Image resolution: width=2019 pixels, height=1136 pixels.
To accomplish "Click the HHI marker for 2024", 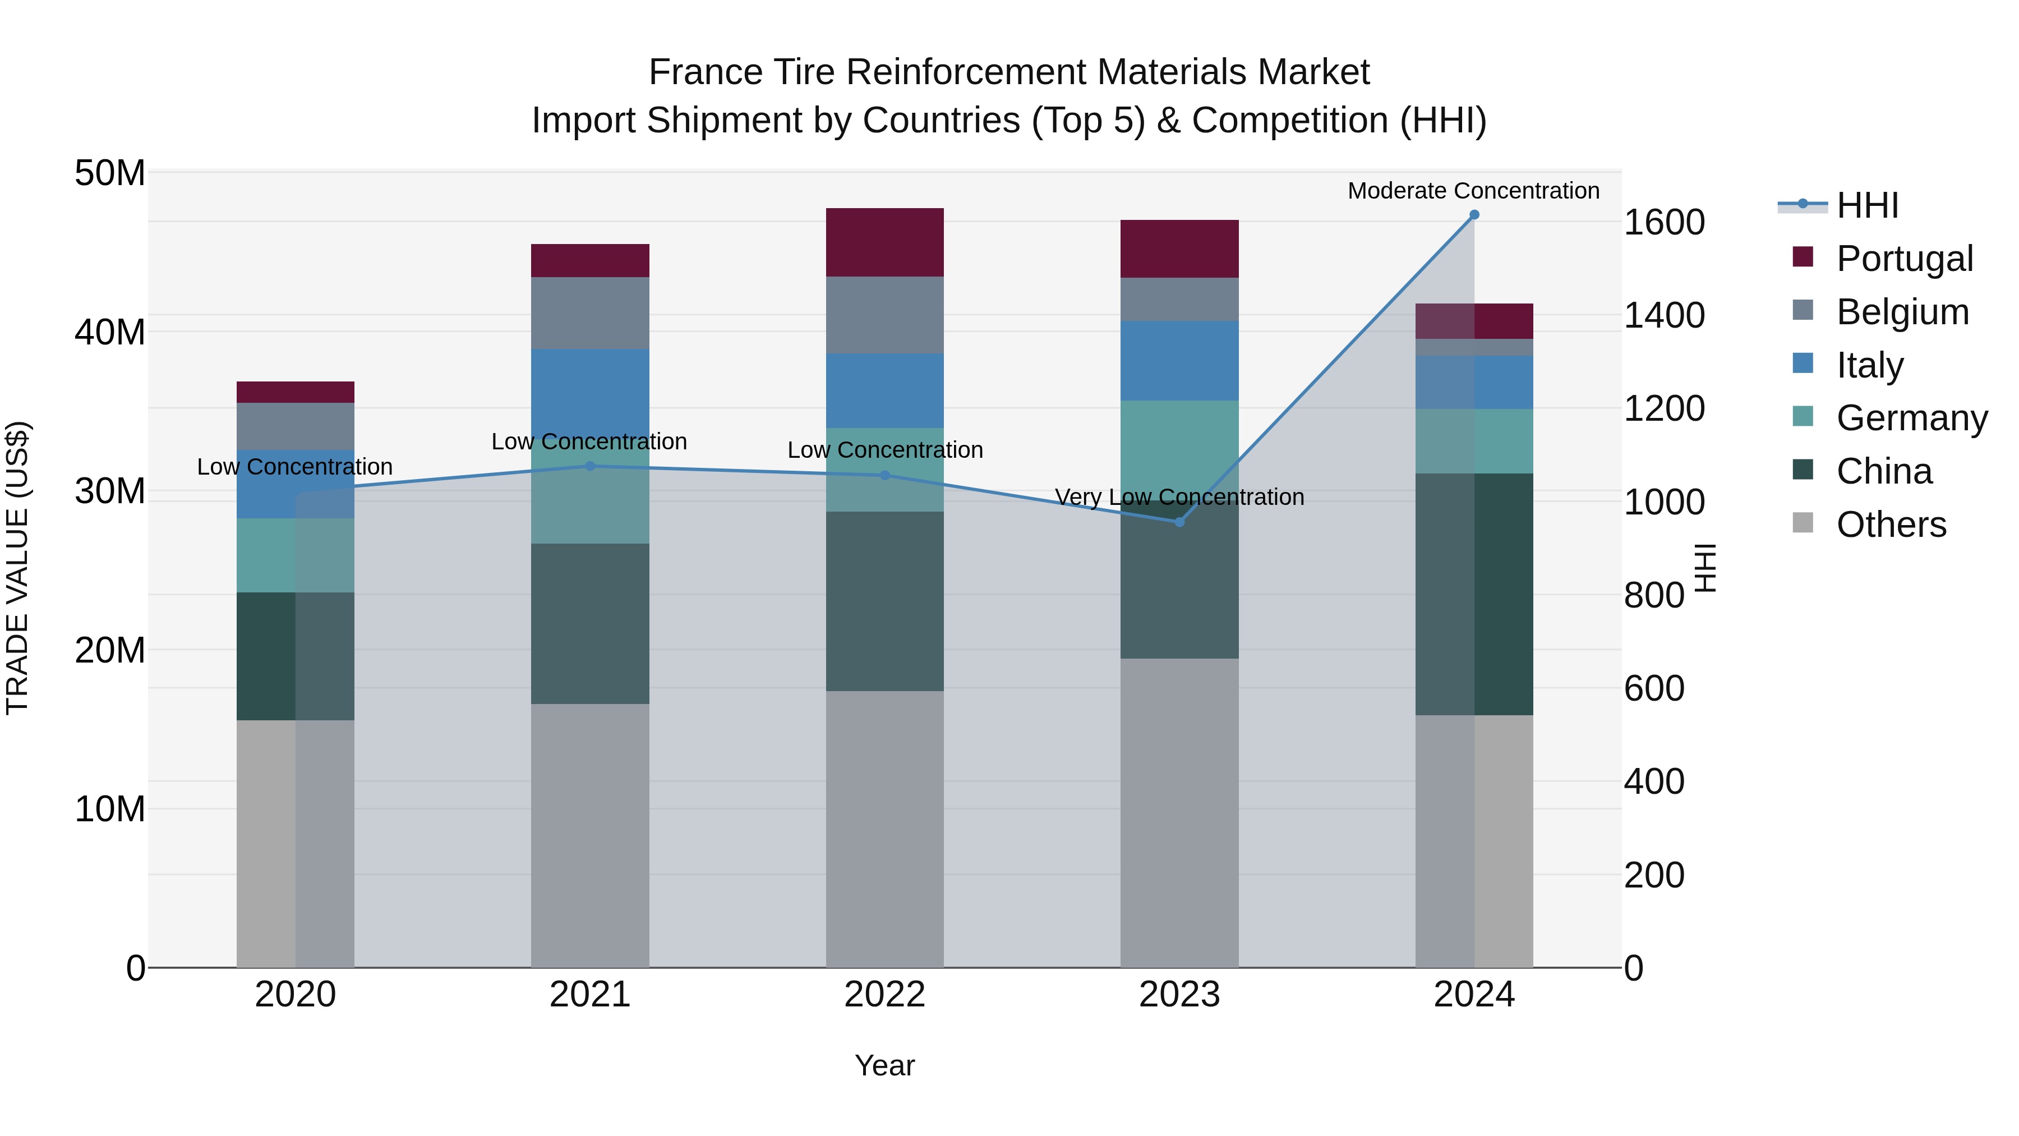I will tap(1473, 215).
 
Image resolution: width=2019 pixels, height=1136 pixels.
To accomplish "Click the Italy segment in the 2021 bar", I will tap(590, 388).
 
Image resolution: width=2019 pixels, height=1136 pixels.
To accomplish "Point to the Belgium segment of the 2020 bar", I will tap(296, 426).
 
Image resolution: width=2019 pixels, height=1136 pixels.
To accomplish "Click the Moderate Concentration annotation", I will tap(1473, 191).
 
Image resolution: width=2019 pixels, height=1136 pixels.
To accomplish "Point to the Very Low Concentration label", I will tap(1179, 497).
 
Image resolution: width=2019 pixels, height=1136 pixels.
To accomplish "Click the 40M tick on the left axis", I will tap(110, 333).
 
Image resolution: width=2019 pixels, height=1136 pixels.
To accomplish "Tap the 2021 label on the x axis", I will tap(589, 995).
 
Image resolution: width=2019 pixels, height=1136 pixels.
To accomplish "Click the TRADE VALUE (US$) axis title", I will tap(17, 568).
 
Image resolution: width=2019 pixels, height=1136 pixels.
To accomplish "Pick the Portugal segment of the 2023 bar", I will tap(1179, 249).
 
